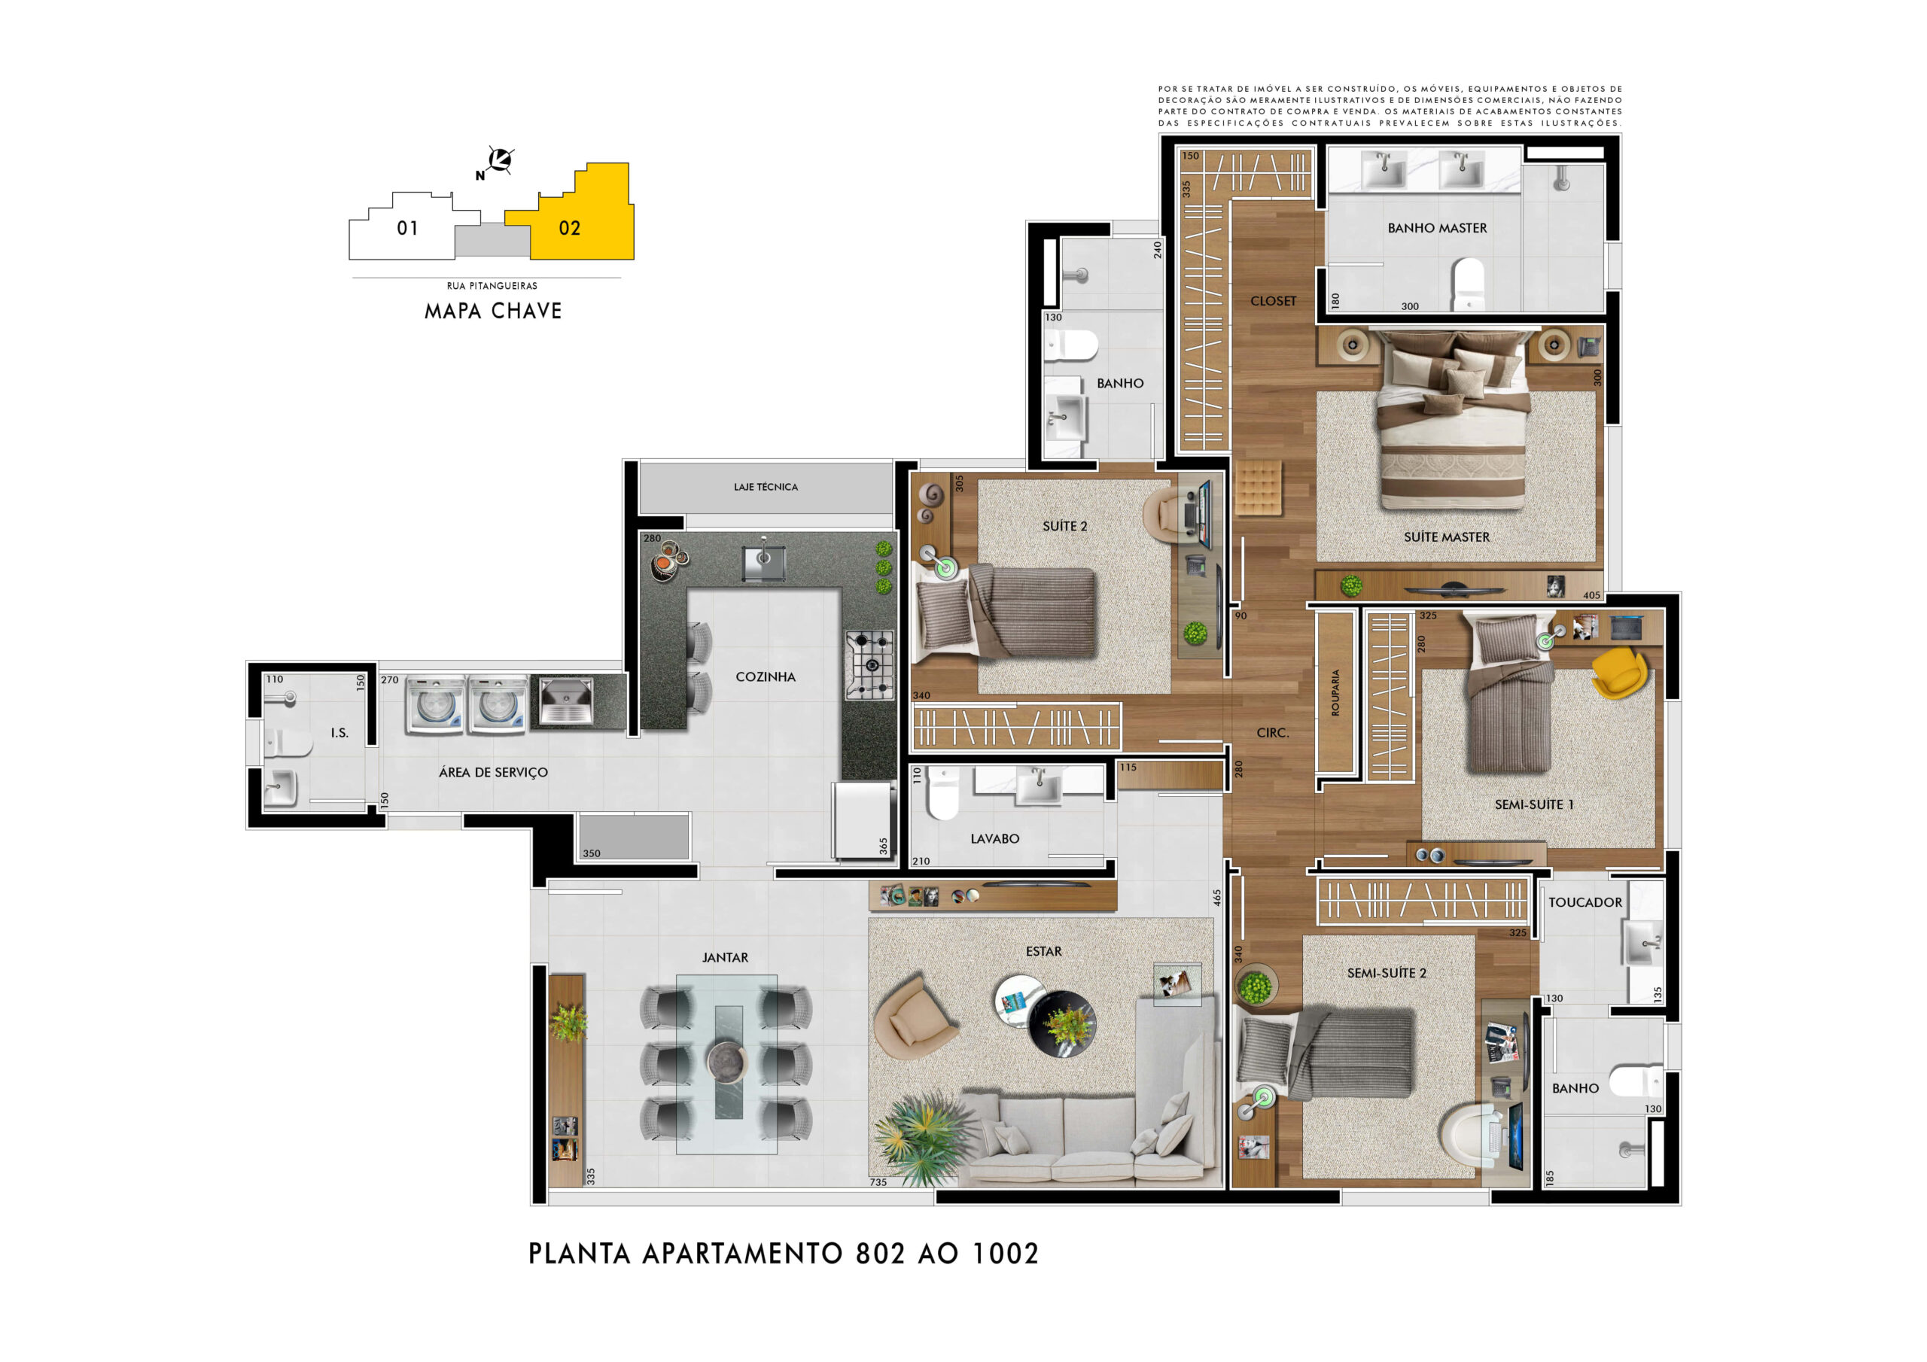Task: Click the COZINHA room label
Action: click(765, 676)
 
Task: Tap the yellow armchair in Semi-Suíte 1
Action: click(1619, 671)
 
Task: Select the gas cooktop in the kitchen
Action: click(869, 664)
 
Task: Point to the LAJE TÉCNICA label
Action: click(766, 487)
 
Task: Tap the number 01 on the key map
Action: click(407, 228)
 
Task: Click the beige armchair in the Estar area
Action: click(914, 1017)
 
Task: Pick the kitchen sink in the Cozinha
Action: click(764, 561)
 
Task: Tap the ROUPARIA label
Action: click(1335, 692)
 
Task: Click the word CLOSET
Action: click(1273, 301)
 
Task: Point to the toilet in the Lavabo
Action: click(942, 792)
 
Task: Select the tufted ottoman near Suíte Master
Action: click(1258, 487)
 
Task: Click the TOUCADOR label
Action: click(1585, 902)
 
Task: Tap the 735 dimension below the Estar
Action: click(878, 1182)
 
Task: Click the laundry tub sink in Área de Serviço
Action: click(565, 701)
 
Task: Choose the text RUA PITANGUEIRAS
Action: click(492, 286)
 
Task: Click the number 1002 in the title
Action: click(1006, 1254)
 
